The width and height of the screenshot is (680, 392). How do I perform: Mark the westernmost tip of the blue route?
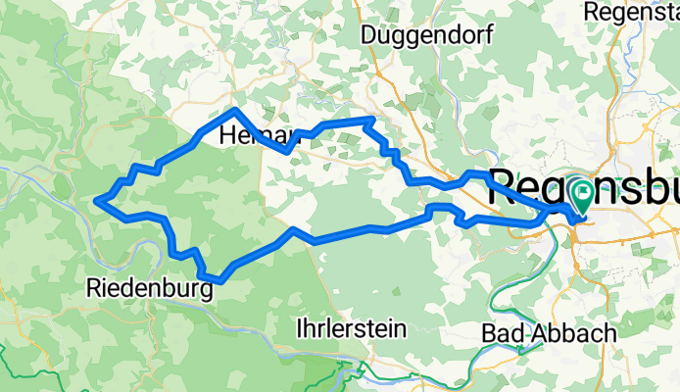tap(96, 201)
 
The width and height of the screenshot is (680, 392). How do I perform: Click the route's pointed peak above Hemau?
tap(236, 110)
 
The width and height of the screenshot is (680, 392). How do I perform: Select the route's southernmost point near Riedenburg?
tap(216, 281)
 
